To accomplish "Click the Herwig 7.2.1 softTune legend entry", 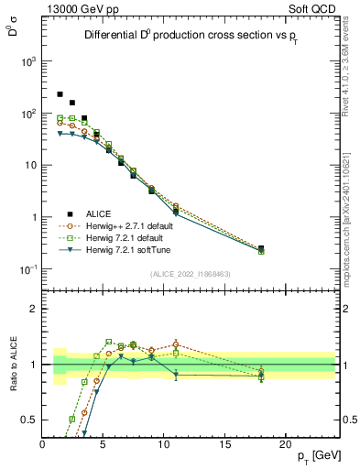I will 124,250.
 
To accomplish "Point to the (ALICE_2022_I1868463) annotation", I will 190,274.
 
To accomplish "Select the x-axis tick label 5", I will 104,444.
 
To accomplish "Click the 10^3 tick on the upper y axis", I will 28,61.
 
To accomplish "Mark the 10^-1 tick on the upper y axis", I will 28,268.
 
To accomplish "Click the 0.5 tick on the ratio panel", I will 30,420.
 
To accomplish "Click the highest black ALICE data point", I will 60,94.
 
